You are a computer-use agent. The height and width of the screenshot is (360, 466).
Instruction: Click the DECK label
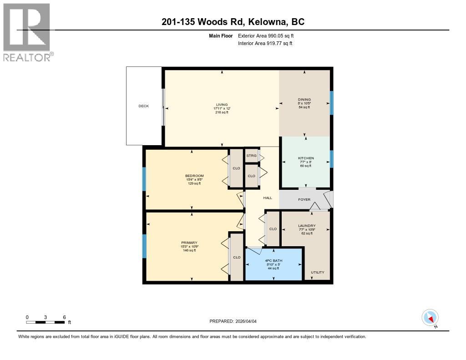tap(144, 106)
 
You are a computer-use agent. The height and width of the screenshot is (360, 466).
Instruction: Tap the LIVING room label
tap(222, 105)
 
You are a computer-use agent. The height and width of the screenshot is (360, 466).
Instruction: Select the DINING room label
tap(304, 100)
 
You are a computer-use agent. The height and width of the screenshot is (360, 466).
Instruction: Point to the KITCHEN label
tap(306, 158)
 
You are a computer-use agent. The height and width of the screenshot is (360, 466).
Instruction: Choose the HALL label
tap(268, 198)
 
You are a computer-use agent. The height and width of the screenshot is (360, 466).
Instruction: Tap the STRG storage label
tap(251, 156)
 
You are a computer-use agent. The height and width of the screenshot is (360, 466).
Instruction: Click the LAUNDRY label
tap(307, 226)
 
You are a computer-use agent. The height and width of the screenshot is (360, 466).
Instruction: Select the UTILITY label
tap(317, 273)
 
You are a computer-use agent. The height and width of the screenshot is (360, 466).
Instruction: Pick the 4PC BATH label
tap(274, 261)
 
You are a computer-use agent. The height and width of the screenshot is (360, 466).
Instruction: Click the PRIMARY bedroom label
tap(189, 243)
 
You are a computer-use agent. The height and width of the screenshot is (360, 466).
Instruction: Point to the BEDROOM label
tap(194, 176)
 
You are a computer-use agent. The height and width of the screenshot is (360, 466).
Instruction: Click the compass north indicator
tap(430, 318)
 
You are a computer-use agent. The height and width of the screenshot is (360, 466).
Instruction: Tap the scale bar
tap(46, 322)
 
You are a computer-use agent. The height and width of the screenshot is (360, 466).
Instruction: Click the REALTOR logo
tap(27, 32)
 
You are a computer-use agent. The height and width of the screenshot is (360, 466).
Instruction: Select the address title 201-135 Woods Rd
tap(233, 21)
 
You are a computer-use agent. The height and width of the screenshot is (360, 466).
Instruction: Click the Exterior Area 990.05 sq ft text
tap(269, 35)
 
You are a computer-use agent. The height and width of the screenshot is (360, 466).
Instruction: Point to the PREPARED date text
tap(236, 321)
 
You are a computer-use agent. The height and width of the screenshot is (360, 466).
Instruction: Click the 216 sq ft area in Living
tap(222, 112)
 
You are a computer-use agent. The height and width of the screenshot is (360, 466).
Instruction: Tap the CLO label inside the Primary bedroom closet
tap(237, 257)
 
